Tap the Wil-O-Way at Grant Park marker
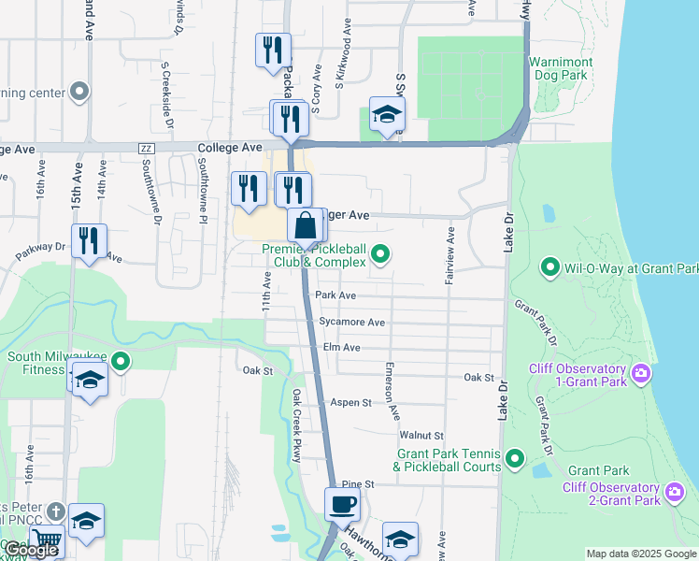550,269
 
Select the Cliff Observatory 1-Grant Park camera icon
640,374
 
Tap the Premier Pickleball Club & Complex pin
380,253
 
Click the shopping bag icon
307,225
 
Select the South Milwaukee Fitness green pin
120,361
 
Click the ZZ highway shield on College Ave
145,149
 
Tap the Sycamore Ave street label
351,323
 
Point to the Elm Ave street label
341,347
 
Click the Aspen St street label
351,402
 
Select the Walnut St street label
421,436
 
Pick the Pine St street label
358,484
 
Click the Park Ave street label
335,295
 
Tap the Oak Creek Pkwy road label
297,425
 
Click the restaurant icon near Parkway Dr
89,240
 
